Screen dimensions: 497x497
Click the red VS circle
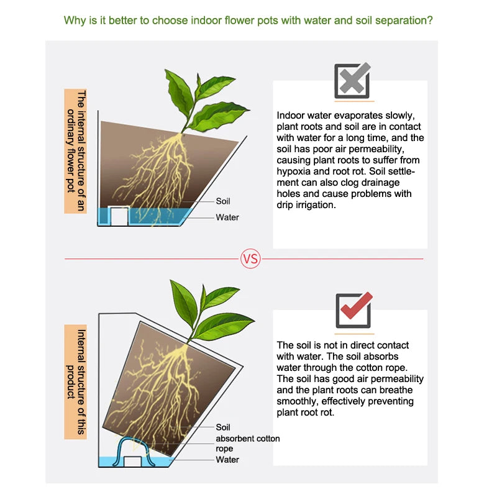coord(250,258)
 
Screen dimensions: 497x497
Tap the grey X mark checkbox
coord(352,81)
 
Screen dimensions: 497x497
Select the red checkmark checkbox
coord(353,309)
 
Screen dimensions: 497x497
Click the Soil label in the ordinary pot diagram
coord(223,201)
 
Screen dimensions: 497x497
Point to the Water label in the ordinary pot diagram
coord(227,217)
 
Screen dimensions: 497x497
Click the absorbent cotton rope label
coord(247,444)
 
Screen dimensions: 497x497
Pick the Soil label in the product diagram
coord(223,427)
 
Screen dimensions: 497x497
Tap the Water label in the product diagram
coord(227,460)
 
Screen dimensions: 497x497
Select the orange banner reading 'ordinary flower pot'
coord(75,151)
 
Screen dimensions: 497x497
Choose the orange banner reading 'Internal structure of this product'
coord(75,382)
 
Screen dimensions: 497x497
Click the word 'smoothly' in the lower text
coord(298,401)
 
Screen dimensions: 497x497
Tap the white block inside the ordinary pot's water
coord(119,216)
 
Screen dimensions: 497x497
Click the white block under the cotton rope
coord(132,462)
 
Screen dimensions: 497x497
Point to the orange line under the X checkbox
coord(354,101)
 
